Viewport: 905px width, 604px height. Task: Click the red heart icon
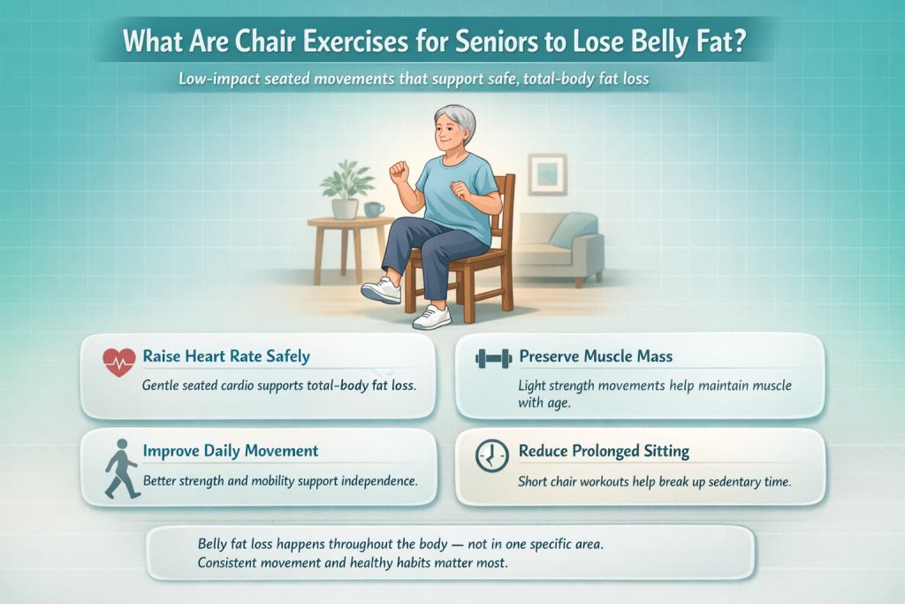118,361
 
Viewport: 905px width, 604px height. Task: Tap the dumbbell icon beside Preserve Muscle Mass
493,358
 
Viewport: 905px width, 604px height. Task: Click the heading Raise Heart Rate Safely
226,357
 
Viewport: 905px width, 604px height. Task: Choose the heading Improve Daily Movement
230,451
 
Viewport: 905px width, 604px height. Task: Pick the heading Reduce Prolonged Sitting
604,451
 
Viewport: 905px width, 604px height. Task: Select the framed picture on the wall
548,173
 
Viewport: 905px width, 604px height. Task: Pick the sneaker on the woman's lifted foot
382,290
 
